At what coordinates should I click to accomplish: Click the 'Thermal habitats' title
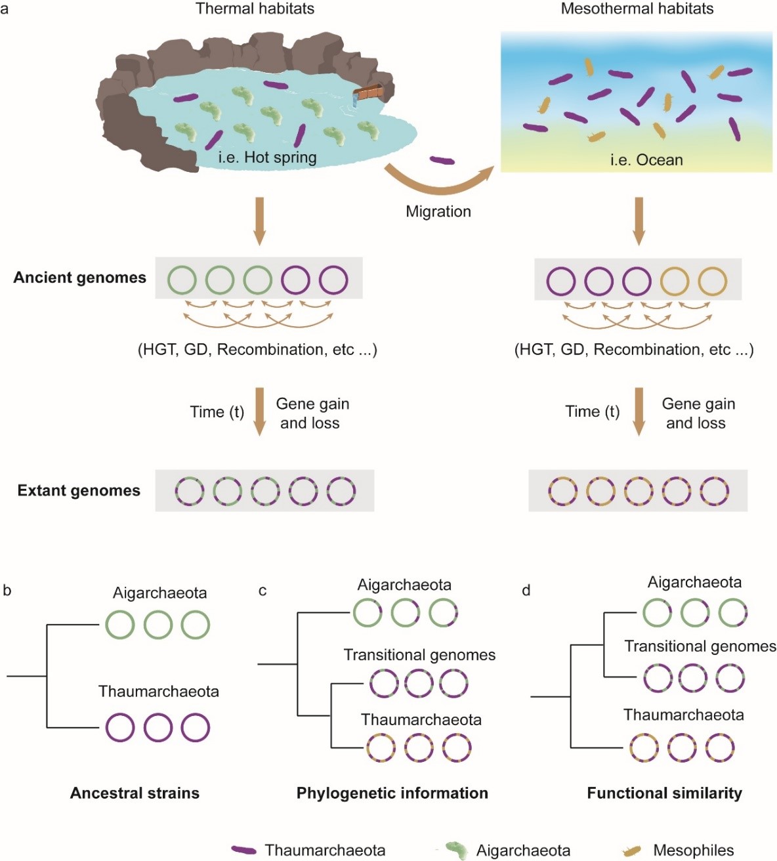255,9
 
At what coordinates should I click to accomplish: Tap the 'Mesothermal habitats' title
637,9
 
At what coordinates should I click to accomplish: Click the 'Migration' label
438,211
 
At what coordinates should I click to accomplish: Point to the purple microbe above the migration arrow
441,160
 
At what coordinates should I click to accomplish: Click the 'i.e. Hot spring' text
267,157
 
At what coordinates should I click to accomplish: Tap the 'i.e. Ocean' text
646,159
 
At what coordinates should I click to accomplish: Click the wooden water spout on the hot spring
367,93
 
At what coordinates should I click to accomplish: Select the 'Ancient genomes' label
79,278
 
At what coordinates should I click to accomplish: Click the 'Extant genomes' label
79,491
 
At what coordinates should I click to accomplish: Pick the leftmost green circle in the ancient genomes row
182,280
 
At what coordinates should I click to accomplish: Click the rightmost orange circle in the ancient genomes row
712,282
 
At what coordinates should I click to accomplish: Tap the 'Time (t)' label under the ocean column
592,411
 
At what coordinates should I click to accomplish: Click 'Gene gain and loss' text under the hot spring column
312,413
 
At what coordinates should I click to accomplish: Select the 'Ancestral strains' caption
135,793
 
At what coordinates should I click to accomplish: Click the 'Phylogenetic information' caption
392,793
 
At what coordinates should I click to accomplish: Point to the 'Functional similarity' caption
664,793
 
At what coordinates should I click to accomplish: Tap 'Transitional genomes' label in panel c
419,655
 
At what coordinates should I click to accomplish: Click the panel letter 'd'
526,591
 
